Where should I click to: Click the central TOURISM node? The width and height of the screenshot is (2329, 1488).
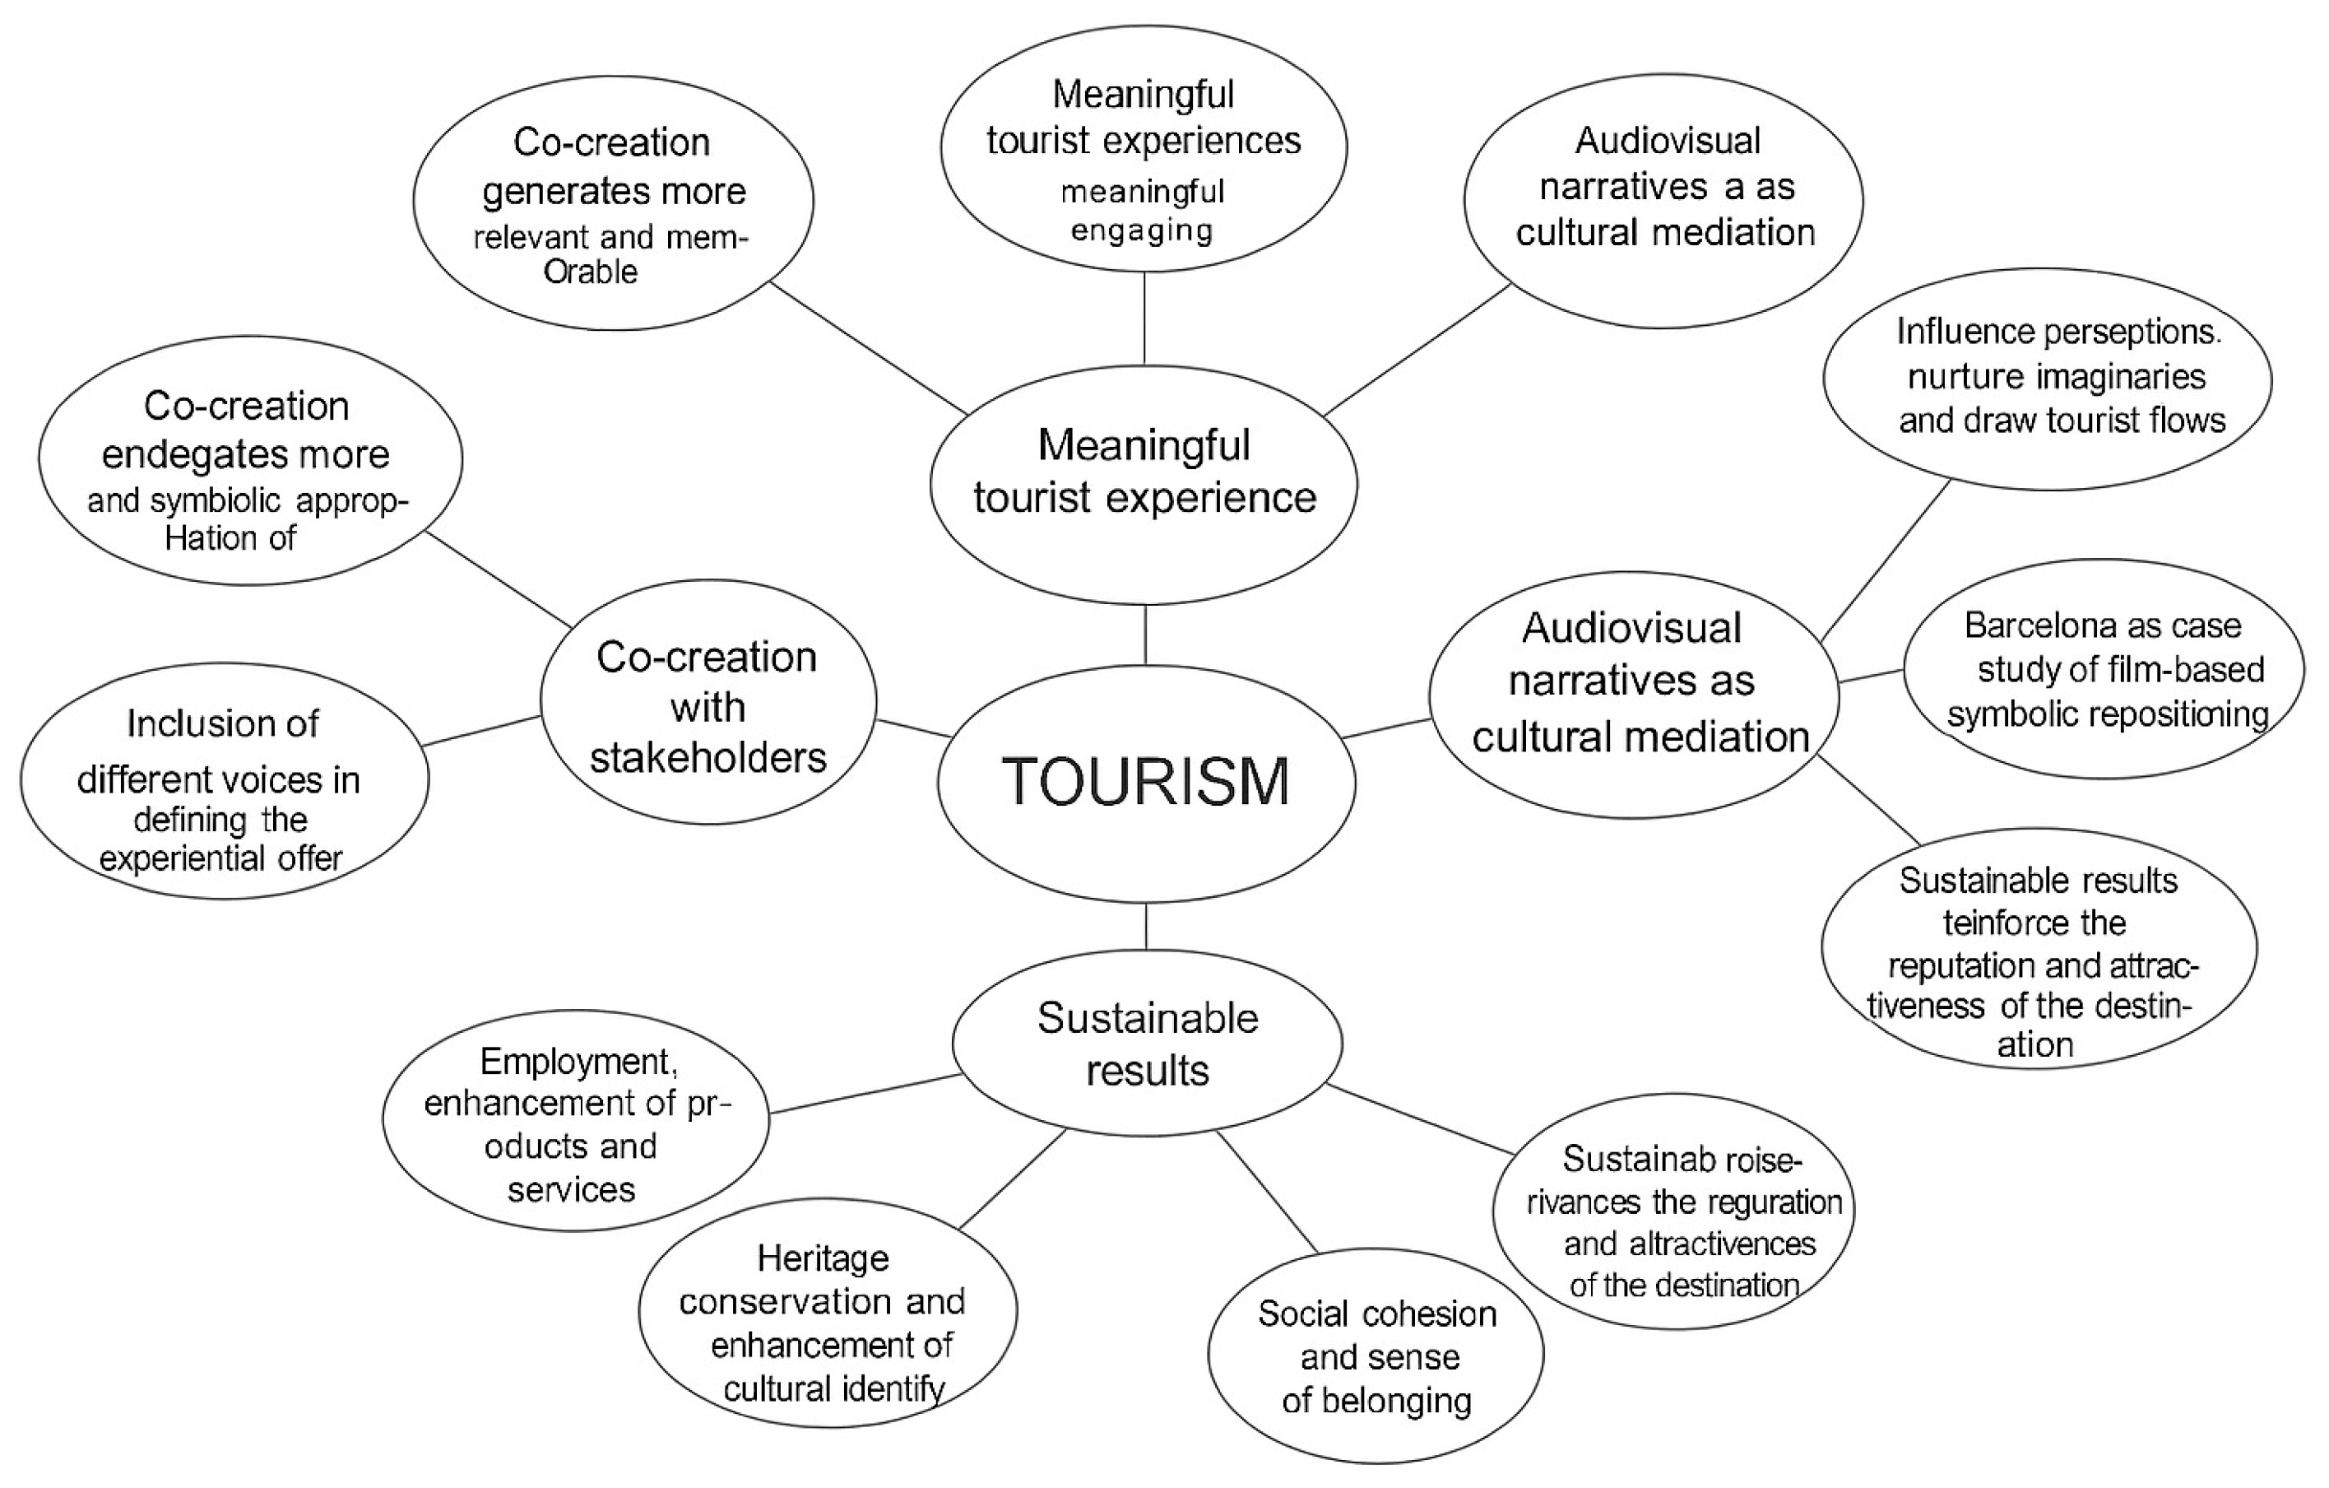[x=1146, y=783]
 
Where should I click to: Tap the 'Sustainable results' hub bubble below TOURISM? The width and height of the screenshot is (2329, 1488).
[x=1147, y=1044]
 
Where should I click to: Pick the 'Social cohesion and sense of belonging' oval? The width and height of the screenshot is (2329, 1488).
[x=1376, y=1355]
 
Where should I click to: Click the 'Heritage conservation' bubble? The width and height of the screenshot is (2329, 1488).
[x=827, y=1314]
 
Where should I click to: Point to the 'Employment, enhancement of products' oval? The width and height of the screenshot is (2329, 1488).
[x=576, y=1121]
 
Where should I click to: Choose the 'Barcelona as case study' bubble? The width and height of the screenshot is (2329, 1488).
[x=2104, y=669]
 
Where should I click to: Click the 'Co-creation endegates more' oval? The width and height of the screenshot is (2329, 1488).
[x=249, y=461]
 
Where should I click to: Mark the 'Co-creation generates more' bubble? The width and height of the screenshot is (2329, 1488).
[x=613, y=203]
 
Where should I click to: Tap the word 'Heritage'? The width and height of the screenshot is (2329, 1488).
[x=822, y=1258]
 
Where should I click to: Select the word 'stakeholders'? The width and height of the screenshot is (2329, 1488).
[x=708, y=757]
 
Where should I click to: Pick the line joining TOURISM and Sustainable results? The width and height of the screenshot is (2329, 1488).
[x=1146, y=926]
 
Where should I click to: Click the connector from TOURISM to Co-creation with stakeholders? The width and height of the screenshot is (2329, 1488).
[x=914, y=728]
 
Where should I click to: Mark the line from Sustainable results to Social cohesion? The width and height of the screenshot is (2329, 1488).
[x=1266, y=1191]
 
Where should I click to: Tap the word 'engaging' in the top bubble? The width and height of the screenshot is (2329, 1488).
[x=1141, y=231]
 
